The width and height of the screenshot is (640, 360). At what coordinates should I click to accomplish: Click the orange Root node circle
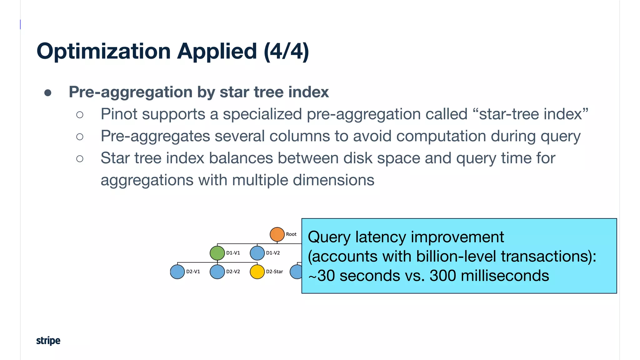point(277,234)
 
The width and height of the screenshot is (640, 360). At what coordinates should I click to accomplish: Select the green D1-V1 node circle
point(217,253)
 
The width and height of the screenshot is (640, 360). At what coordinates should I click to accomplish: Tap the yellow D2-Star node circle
point(257,272)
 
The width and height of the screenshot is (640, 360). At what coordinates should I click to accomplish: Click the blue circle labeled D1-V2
point(257,253)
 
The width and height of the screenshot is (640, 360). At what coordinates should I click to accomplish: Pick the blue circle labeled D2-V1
point(177,272)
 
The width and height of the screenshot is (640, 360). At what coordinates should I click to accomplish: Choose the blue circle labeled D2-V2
point(217,272)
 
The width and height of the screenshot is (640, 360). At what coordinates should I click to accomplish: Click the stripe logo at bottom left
point(48,340)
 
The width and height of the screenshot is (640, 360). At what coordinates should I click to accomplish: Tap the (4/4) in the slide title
point(286,51)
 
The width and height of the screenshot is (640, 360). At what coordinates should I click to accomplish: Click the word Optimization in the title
point(103,52)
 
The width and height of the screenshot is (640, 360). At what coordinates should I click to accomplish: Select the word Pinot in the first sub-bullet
point(119,114)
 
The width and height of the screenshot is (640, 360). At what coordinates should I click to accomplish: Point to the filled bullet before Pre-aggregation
point(48,93)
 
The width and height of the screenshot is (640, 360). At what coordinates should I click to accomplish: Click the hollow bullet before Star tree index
point(80,159)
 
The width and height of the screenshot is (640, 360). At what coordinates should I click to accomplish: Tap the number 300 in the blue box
point(443,276)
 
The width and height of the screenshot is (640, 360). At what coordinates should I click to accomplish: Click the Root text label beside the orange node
point(291,234)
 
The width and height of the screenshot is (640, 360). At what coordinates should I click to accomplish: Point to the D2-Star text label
point(274,272)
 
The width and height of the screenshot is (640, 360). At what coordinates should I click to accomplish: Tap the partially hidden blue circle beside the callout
point(296,272)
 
